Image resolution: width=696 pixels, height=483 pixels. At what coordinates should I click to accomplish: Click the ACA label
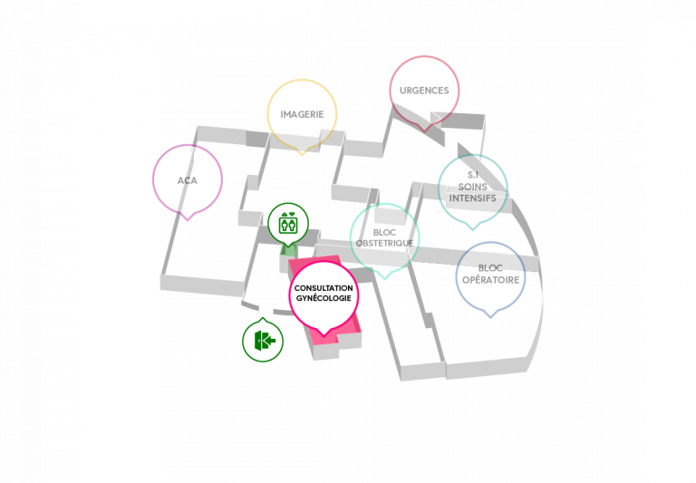(x=188, y=180)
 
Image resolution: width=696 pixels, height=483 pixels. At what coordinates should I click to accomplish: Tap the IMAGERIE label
(x=302, y=114)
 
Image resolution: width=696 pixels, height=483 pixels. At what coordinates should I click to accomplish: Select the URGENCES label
(x=424, y=91)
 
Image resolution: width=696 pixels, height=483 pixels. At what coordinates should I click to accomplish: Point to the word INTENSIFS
(x=473, y=198)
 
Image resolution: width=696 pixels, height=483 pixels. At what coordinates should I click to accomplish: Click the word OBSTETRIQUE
(x=384, y=243)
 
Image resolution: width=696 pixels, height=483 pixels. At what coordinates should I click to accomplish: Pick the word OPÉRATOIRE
(x=490, y=280)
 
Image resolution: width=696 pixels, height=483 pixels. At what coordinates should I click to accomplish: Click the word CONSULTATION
(x=324, y=288)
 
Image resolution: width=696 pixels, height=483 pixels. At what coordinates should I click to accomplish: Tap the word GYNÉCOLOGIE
(x=324, y=298)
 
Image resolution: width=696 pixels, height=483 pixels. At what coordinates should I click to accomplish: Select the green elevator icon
(x=288, y=223)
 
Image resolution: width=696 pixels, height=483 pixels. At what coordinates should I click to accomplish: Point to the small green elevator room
(x=288, y=250)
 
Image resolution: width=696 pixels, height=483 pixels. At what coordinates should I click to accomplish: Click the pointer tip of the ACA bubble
(x=188, y=220)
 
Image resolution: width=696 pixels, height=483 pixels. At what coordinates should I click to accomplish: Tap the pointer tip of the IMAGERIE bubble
(x=302, y=155)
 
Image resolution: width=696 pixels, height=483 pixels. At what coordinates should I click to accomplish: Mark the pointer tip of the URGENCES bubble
(x=425, y=131)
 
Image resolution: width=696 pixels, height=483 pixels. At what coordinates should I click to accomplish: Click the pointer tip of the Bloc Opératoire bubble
(x=490, y=318)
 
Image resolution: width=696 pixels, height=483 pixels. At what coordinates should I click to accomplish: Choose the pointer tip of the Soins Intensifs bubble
(x=473, y=230)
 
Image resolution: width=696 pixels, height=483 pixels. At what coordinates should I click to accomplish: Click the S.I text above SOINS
(x=473, y=176)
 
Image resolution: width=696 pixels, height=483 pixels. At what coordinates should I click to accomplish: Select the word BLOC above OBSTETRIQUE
(x=384, y=233)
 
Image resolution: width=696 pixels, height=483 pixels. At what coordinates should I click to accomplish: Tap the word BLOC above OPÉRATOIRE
(x=490, y=268)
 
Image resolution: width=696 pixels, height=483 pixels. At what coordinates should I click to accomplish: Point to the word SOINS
(x=473, y=187)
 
